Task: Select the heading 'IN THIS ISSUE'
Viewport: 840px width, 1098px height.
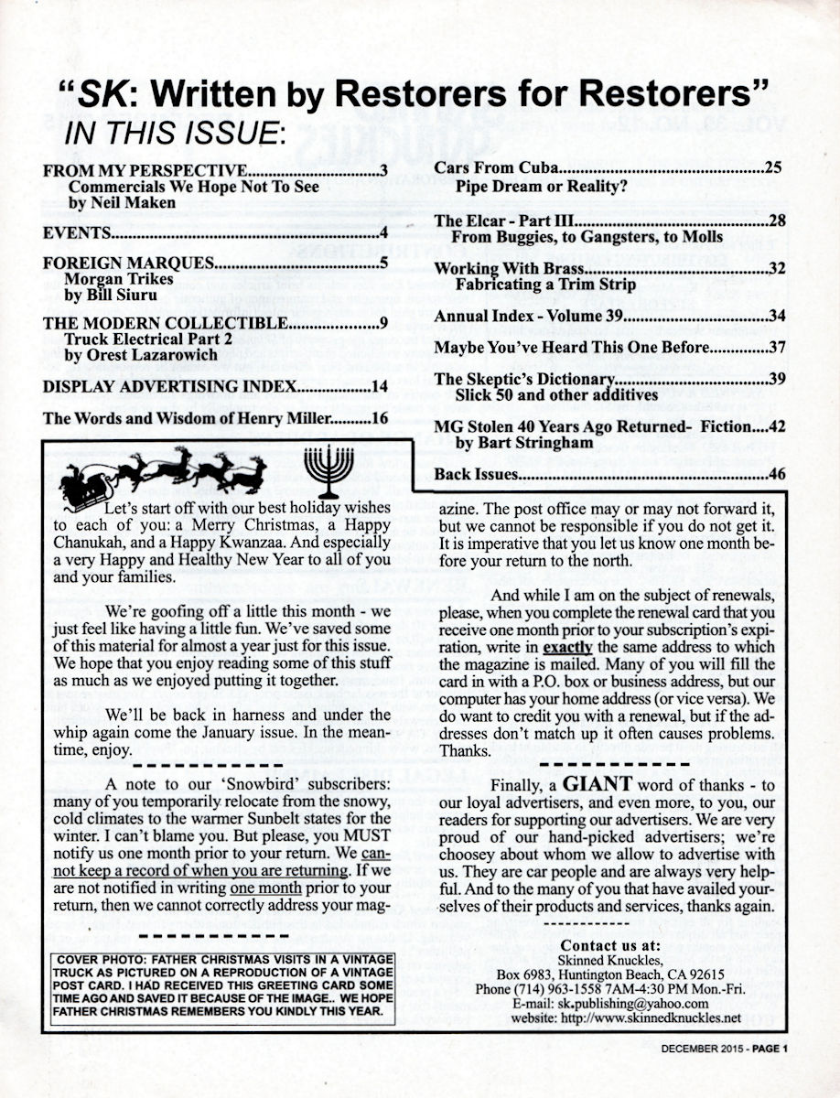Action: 175,134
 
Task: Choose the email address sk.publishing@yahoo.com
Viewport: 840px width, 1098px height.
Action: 626,1003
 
